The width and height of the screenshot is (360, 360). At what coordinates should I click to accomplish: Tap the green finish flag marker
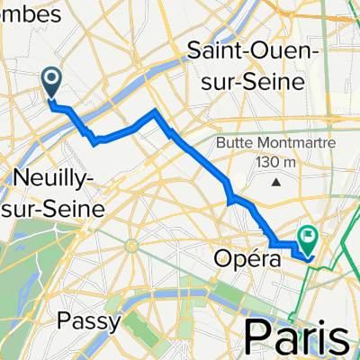click(309, 239)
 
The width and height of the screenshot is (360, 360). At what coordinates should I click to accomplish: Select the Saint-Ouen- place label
click(254, 53)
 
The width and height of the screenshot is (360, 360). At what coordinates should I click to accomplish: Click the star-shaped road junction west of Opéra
click(132, 244)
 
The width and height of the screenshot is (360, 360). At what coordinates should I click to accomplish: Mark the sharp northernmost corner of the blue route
click(156, 111)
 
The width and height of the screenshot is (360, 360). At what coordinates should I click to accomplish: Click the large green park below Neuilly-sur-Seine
click(18, 261)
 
